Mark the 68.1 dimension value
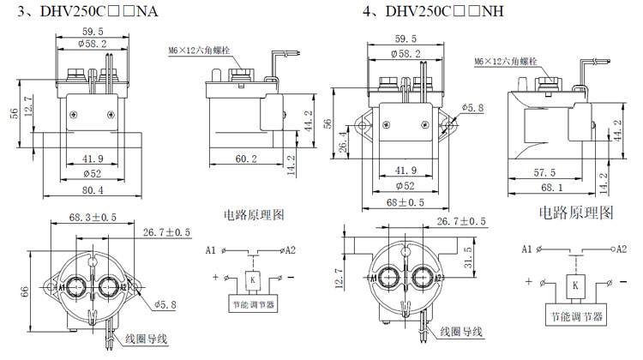[x=556, y=187]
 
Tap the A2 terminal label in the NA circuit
[x=290, y=250]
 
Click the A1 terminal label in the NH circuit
[x=527, y=249]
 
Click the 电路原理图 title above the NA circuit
[x=254, y=213]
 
